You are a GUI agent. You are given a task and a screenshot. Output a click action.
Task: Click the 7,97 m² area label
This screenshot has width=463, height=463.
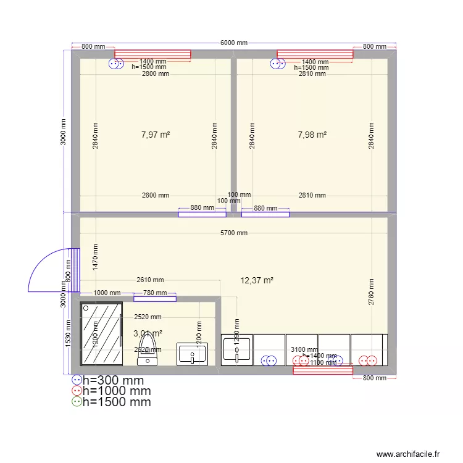[156, 135]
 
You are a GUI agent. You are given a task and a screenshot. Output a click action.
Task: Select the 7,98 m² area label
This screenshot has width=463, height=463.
[312, 135]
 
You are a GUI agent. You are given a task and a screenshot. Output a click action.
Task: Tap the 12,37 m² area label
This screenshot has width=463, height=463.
[257, 280]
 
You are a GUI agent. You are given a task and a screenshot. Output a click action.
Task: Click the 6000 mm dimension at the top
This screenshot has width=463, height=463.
[234, 43]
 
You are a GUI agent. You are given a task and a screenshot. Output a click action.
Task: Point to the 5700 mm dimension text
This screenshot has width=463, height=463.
[234, 233]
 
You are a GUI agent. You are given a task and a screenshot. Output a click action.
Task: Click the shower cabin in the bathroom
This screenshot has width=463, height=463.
[101, 334]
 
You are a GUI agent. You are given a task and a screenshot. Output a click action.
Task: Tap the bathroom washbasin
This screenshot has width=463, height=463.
[192, 354]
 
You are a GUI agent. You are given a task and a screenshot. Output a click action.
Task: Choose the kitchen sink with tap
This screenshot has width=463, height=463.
[237, 349]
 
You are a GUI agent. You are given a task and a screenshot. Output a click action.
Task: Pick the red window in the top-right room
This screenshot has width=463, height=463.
[315, 55]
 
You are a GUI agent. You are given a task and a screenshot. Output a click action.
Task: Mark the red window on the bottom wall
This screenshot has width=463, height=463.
[323, 370]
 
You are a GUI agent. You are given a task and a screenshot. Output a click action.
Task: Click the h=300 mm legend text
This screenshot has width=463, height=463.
[113, 380]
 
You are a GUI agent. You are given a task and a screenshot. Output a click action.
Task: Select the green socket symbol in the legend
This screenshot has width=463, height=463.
[77, 402]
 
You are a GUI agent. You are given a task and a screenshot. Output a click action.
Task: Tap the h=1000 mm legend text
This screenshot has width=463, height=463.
[117, 391]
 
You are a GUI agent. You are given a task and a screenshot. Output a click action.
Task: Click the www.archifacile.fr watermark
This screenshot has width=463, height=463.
[407, 454]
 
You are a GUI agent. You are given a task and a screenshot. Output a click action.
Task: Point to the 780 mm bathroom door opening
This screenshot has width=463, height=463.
[154, 299]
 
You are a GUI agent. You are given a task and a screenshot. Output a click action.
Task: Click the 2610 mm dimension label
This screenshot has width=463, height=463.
[150, 280]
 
